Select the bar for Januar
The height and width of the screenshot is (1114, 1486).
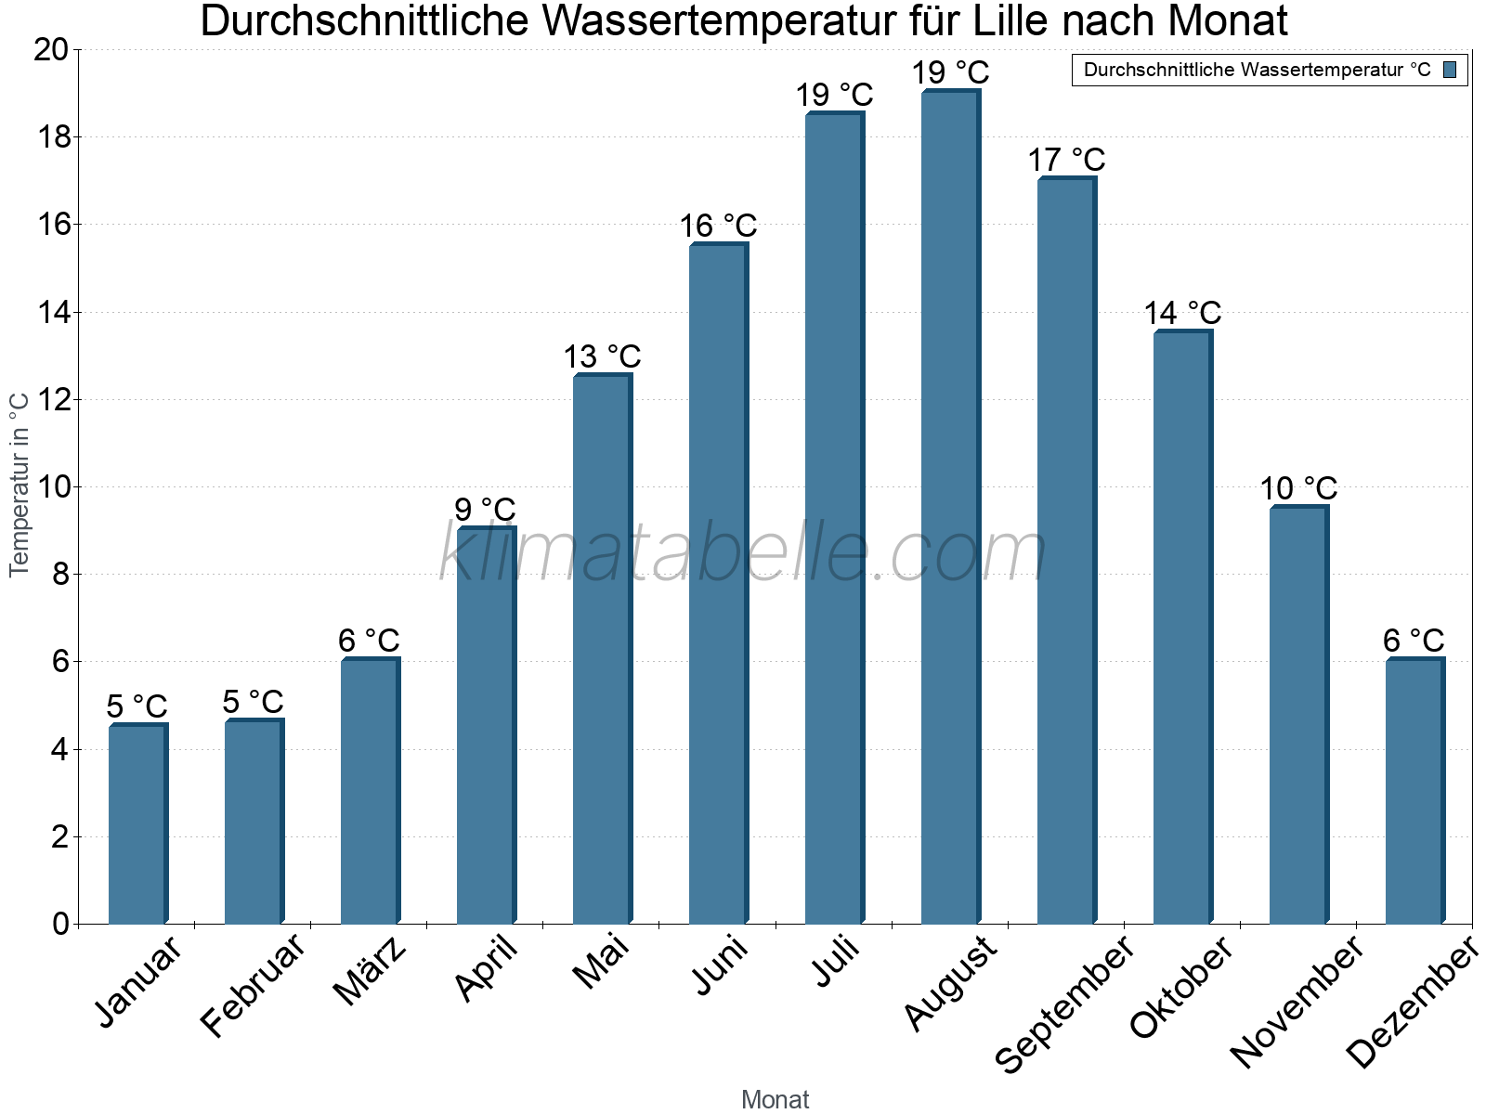pyautogui.click(x=137, y=824)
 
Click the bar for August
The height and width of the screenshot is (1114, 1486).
pyautogui.click(x=950, y=507)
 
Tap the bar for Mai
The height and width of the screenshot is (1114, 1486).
pyautogui.click(x=602, y=650)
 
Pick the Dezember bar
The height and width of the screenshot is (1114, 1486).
pyautogui.click(x=1414, y=791)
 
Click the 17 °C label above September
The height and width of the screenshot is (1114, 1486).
pyautogui.click(x=1066, y=160)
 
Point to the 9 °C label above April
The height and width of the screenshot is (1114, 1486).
pyautogui.click(x=485, y=510)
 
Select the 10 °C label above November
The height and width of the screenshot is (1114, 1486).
pyautogui.click(x=1298, y=488)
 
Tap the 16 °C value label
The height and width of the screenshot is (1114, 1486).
pyautogui.click(x=718, y=226)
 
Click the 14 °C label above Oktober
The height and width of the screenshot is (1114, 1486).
pyautogui.click(x=1182, y=313)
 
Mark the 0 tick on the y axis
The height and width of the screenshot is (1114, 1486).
pyautogui.click(x=61, y=924)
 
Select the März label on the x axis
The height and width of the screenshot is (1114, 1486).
pyautogui.click(x=370, y=971)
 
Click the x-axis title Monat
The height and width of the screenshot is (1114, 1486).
pyautogui.click(x=775, y=1099)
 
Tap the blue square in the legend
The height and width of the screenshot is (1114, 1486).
pyautogui.click(x=1451, y=70)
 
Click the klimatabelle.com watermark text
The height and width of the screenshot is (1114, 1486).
pyautogui.click(x=743, y=553)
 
